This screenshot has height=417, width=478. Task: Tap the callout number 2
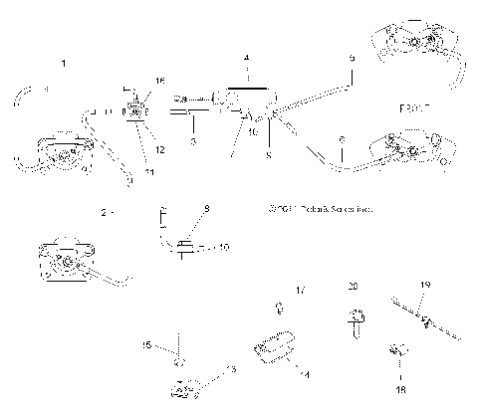pyautogui.click(x=103, y=213)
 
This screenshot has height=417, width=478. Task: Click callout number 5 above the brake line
pyautogui.click(x=351, y=59)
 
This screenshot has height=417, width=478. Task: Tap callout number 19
pyautogui.click(x=424, y=286)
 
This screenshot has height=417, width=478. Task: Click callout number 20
pyautogui.click(x=352, y=287)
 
